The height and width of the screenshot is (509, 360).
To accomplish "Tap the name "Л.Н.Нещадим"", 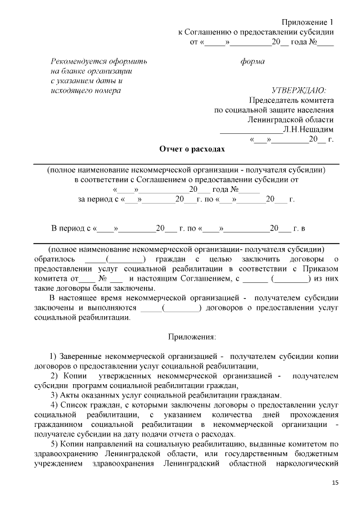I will pyautogui.click(x=309, y=129).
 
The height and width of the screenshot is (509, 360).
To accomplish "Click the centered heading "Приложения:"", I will pyautogui.click(x=192, y=337).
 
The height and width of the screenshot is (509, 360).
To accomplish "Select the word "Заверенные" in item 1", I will pyautogui.click(x=84, y=356).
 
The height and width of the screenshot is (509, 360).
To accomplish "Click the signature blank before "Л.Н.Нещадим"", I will pyautogui.click(x=250, y=129).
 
